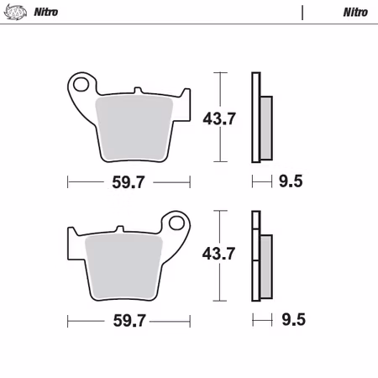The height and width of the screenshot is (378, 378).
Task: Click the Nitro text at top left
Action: tap(46, 13)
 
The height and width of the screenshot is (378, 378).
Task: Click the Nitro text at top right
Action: tap(354, 13)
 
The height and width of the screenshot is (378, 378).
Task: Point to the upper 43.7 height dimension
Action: tap(219, 118)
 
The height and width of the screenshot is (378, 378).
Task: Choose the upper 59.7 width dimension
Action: tap(129, 180)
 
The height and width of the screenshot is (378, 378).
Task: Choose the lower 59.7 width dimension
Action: tap(129, 319)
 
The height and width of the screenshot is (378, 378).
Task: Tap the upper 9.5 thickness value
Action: tap(291, 180)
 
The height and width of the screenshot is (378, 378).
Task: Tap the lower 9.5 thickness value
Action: tap(291, 319)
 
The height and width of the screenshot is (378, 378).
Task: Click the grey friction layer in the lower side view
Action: tap(265, 264)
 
